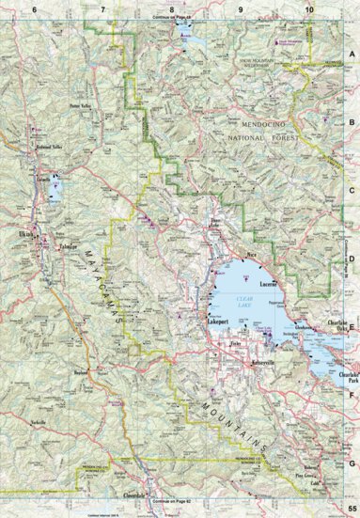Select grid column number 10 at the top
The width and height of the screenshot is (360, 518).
pyautogui.click(x=309, y=8)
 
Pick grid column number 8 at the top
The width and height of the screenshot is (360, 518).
pyautogui.click(x=171, y=8)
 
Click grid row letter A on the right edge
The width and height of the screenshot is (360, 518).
pyautogui.click(x=353, y=55)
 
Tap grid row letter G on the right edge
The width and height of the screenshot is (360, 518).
pyautogui.click(x=353, y=461)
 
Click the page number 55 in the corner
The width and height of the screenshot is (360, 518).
pyautogui.click(x=351, y=509)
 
